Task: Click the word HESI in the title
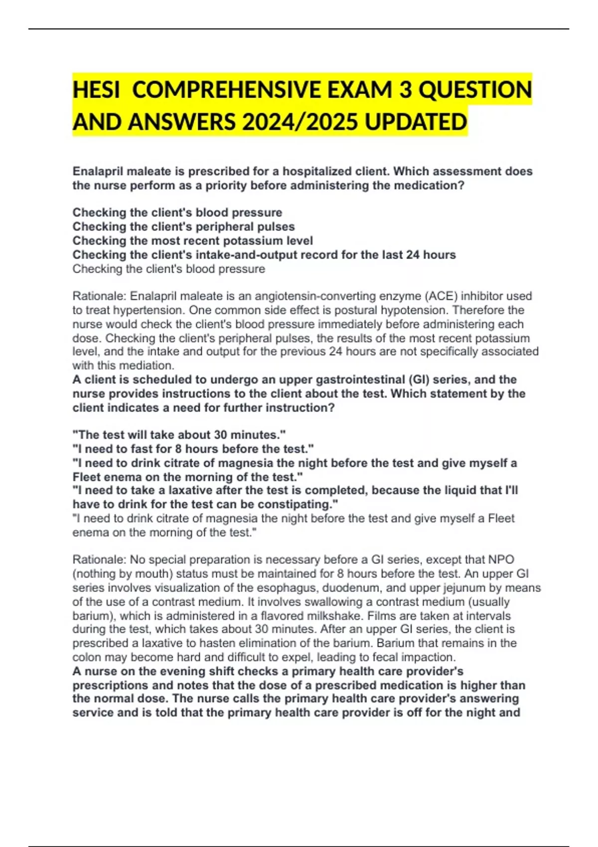[x=96, y=90]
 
